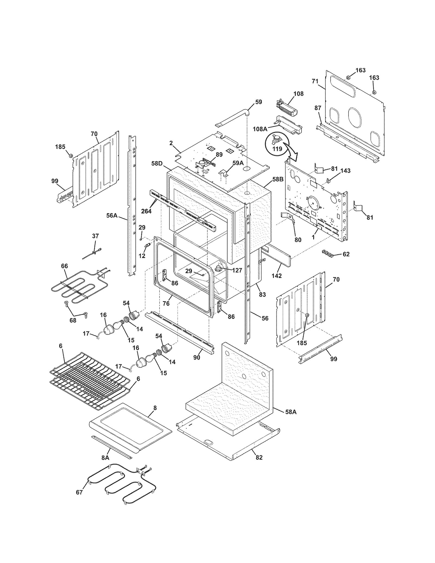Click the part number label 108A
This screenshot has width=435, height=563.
pyautogui.click(x=260, y=129)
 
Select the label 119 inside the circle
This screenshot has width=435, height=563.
pyautogui.click(x=277, y=149)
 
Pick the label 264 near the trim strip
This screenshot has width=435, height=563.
pyautogui.click(x=146, y=211)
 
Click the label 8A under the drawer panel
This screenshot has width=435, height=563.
pyautogui.click(x=105, y=458)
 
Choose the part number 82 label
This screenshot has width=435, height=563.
pyautogui.click(x=259, y=458)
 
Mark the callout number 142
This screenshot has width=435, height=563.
pyautogui.click(x=276, y=276)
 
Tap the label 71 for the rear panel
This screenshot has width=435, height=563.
pyautogui.click(x=315, y=81)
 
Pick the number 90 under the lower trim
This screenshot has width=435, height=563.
pyautogui.click(x=197, y=357)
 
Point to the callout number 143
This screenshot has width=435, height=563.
pyautogui.click(x=345, y=171)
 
